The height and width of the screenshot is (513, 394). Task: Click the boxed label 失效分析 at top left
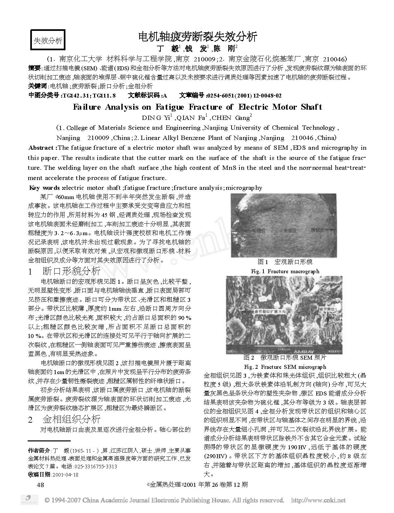pyautogui.click(x=48, y=40)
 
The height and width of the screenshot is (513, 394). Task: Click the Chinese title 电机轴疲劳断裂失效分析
pyautogui.click(x=197, y=36)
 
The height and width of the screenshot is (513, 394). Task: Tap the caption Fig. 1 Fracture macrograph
pyautogui.click(x=285, y=271)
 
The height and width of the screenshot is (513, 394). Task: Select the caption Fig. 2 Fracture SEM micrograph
pyautogui.click(x=285, y=367)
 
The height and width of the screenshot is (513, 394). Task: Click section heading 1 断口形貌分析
pyautogui.click(x=64, y=272)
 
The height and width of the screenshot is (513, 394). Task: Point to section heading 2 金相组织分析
pyautogui.click(x=64, y=419)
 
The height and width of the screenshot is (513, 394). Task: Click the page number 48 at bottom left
pyautogui.click(x=41, y=484)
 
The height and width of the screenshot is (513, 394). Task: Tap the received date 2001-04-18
pyautogui.click(x=65, y=475)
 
